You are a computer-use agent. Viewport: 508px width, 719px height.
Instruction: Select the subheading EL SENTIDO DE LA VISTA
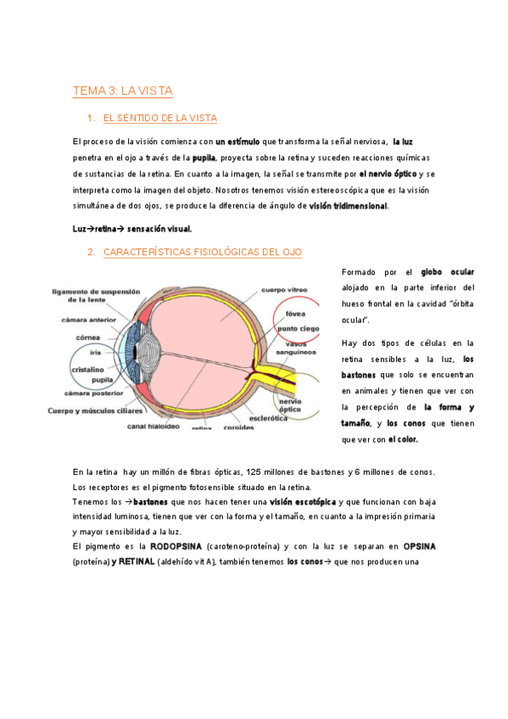pyautogui.click(x=159, y=118)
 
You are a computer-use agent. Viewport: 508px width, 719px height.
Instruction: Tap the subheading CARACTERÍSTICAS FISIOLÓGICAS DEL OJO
pyautogui.click(x=202, y=252)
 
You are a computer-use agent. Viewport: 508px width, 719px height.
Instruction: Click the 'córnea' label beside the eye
pyautogui.click(x=90, y=337)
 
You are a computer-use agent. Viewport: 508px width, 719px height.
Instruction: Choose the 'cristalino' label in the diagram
pyautogui.click(x=87, y=371)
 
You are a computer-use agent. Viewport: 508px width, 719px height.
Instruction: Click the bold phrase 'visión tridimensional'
pyautogui.click(x=348, y=205)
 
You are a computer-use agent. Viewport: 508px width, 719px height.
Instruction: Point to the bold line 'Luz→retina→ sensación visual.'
pyautogui.click(x=132, y=228)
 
